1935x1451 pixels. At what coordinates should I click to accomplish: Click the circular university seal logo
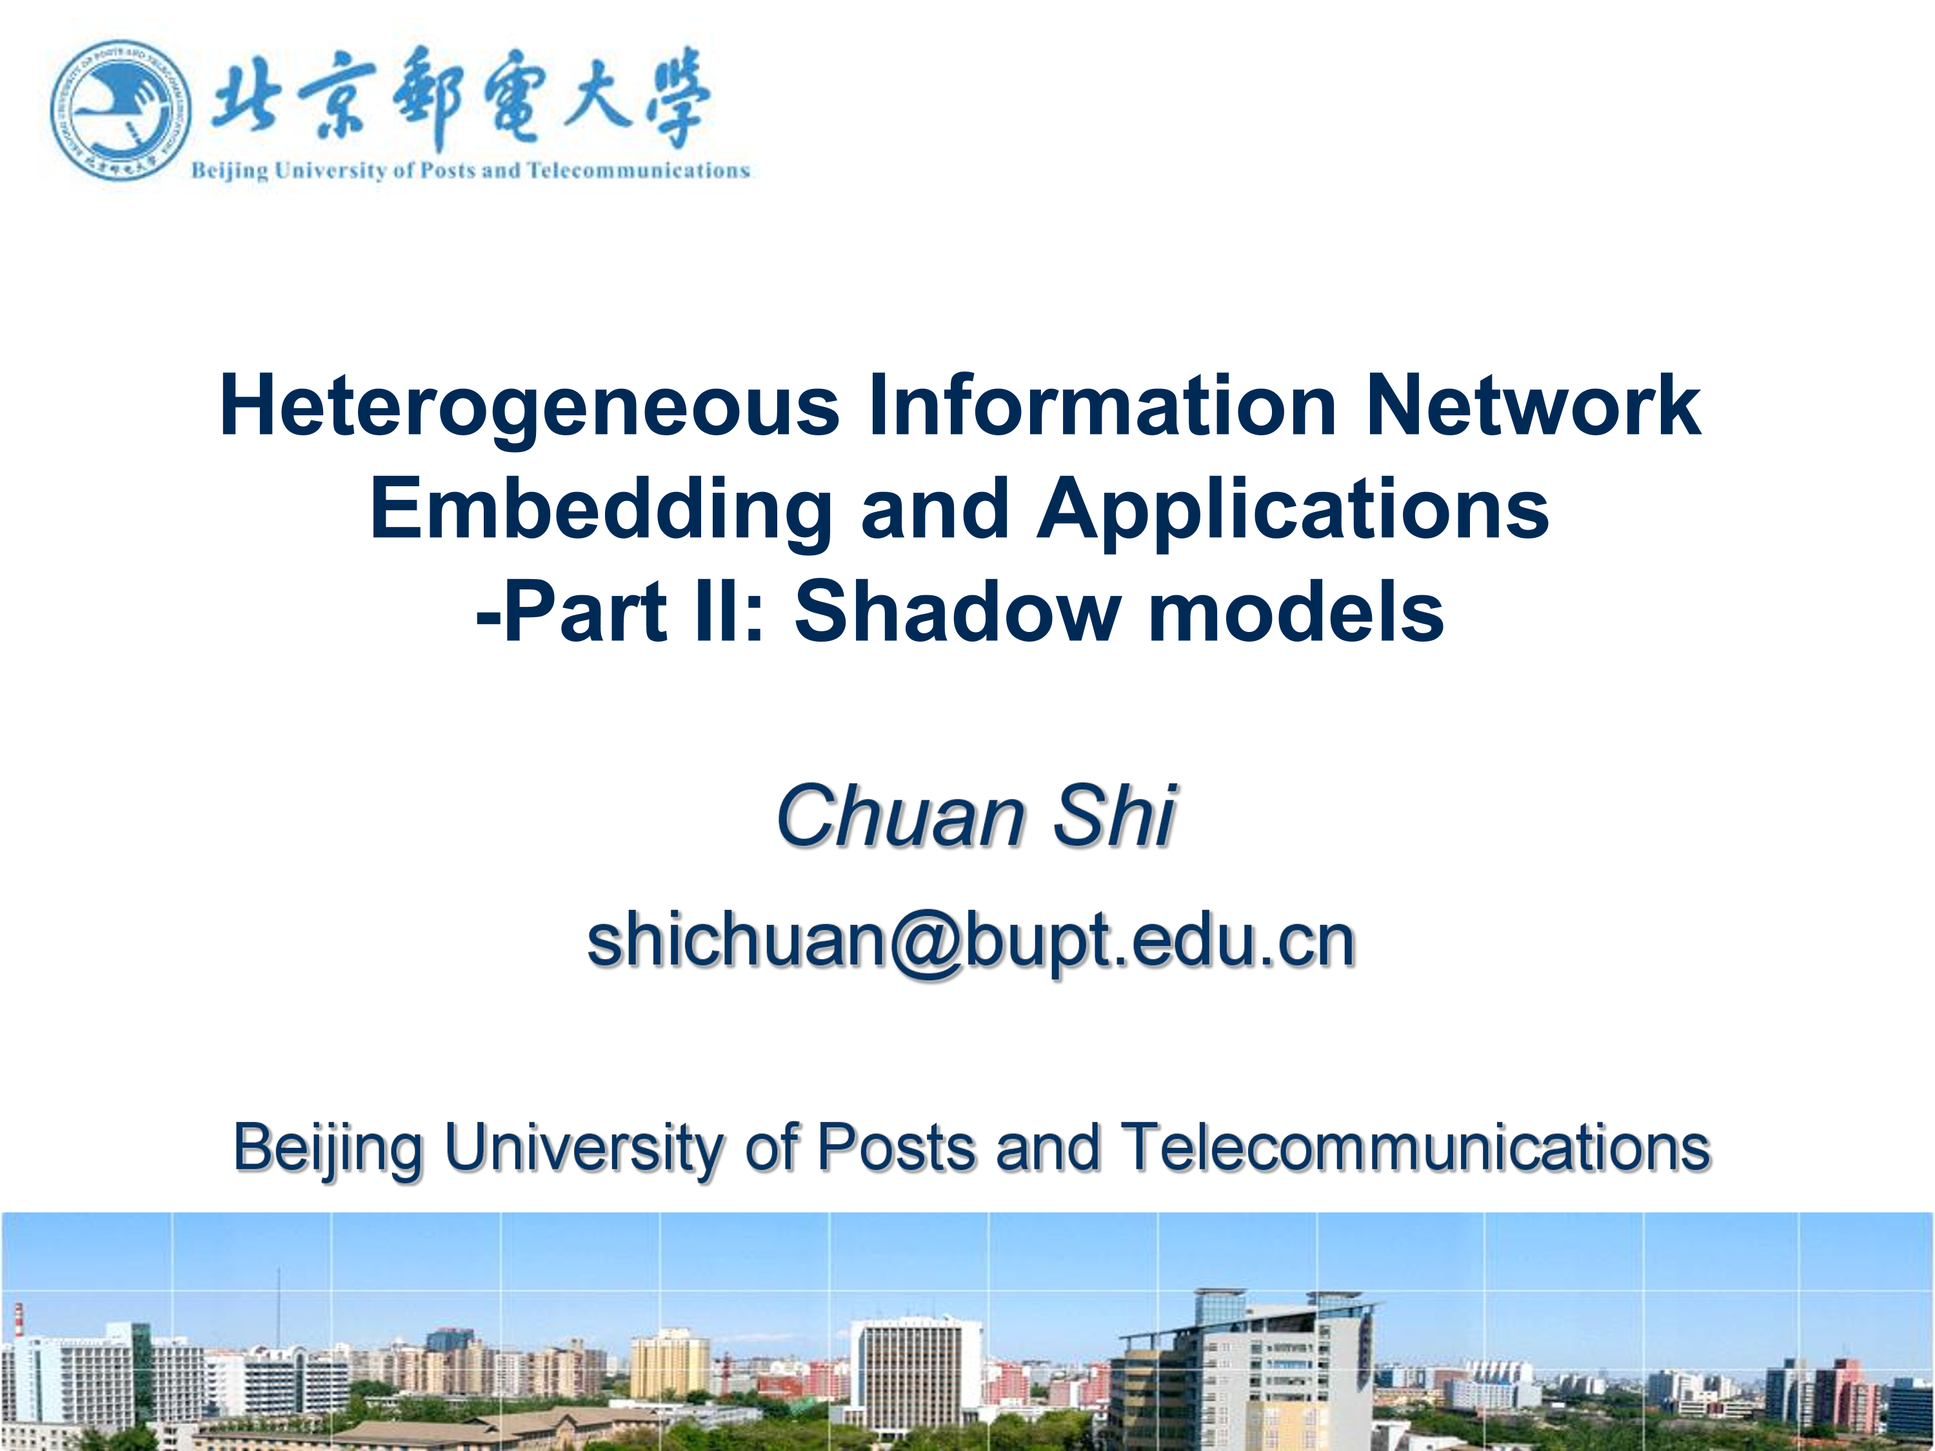coord(120,111)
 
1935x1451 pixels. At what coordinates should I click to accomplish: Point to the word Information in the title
coord(1102,404)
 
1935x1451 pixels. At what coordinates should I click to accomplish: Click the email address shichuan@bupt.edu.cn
coord(971,942)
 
